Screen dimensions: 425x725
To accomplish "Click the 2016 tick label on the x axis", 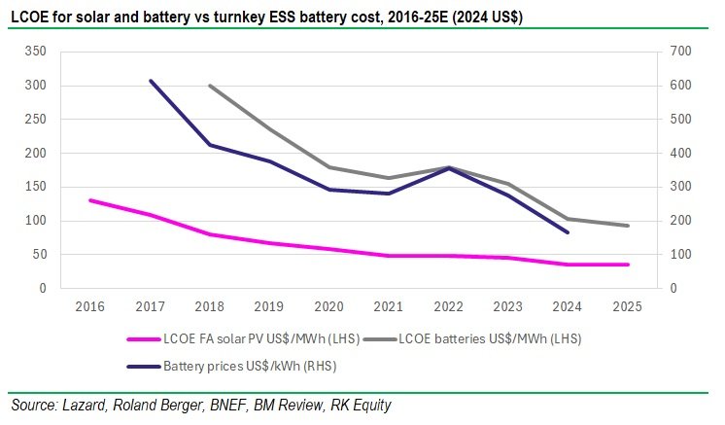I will click(90, 305).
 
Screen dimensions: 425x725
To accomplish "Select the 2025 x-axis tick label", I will click(629, 305).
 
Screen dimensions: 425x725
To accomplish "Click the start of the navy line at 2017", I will click(151, 81).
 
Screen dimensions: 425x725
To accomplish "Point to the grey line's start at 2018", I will click(210, 86).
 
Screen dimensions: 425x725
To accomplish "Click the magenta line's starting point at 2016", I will click(90, 200).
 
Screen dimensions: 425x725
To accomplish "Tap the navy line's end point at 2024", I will click(569, 232).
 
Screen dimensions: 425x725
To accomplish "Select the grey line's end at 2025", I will click(629, 226).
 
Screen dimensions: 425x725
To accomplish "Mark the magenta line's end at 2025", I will click(629, 265).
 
